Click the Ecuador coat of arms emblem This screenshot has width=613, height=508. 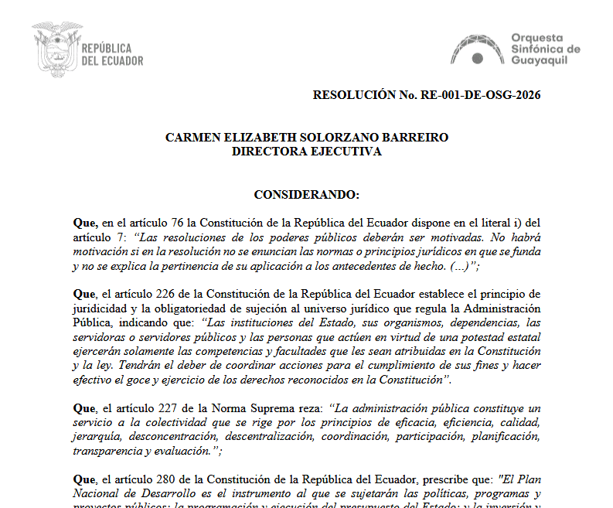[x=56, y=47]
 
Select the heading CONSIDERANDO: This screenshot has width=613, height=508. [x=306, y=194]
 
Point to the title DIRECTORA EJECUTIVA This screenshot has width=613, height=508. [x=306, y=152]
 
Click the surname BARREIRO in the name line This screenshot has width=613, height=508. [x=417, y=138]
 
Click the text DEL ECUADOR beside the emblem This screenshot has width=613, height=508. [x=111, y=60]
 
